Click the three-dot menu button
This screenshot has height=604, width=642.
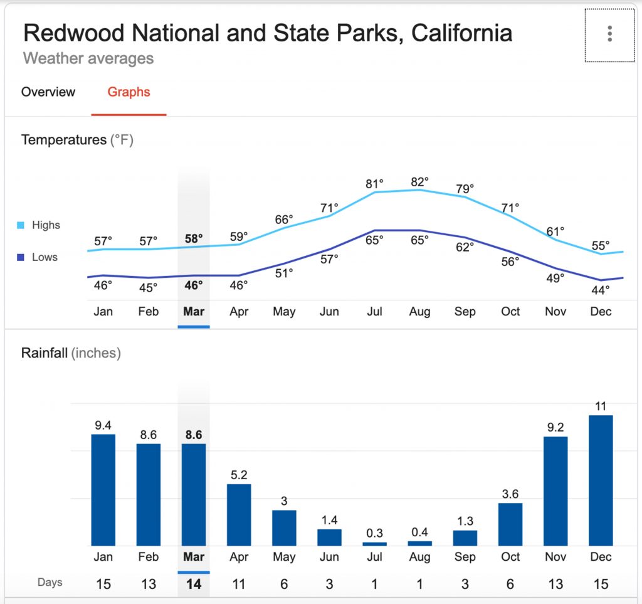(x=609, y=34)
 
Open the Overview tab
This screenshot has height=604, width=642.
(x=48, y=92)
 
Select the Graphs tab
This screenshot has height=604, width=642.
(x=129, y=92)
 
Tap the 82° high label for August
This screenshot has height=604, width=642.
(x=419, y=182)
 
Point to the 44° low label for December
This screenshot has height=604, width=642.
(x=600, y=290)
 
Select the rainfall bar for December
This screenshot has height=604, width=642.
(x=601, y=480)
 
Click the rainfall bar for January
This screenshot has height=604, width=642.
(x=103, y=489)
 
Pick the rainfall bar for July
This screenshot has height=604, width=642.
(x=374, y=543)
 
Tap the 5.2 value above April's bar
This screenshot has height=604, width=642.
(x=239, y=475)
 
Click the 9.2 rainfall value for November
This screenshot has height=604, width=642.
(x=555, y=428)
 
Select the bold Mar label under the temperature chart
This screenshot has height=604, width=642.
(x=194, y=312)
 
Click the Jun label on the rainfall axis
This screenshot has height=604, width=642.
(x=329, y=557)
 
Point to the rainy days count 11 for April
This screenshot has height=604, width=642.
(x=239, y=584)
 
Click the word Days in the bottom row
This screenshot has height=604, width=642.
(x=50, y=583)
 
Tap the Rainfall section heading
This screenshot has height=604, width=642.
(x=71, y=353)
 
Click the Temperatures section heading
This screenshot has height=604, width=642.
(x=77, y=140)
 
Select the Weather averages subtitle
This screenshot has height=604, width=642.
(x=88, y=59)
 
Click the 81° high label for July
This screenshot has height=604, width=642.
(x=374, y=184)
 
